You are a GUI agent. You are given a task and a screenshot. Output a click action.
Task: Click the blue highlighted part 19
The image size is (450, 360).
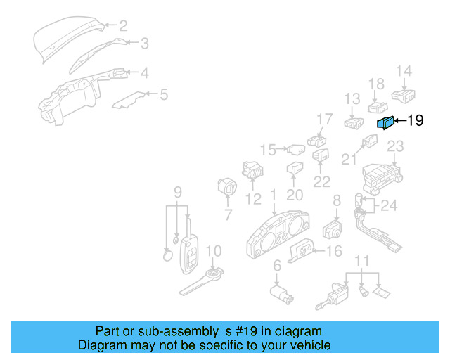386,123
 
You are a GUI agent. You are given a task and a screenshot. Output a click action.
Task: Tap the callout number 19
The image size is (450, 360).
415,121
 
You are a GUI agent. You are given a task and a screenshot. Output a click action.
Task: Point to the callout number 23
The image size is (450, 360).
396,146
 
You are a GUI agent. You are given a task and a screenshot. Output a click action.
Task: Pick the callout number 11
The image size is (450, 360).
361,262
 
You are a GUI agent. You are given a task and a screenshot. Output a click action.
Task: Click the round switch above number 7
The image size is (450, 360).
228,188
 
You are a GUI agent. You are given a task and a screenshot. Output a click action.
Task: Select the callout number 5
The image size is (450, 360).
164,94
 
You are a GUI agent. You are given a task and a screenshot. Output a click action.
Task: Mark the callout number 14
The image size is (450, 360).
403,70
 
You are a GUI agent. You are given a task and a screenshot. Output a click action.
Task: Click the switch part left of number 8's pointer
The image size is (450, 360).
332,229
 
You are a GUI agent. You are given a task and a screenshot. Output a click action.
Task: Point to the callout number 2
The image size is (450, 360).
123,26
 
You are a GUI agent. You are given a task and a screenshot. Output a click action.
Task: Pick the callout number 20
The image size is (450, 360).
295,195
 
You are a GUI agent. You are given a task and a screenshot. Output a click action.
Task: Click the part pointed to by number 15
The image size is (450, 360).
296,149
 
